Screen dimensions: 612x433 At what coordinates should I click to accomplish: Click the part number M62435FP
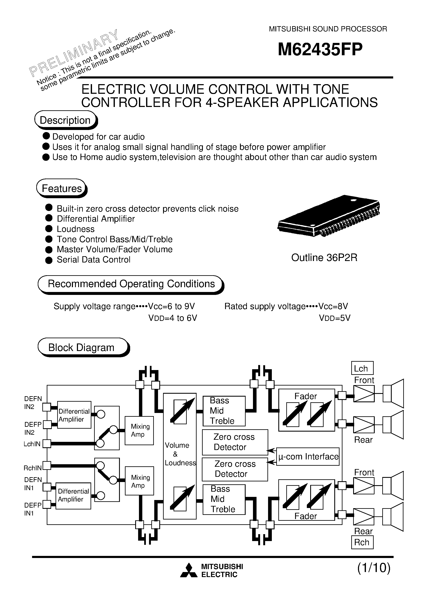tap(320, 50)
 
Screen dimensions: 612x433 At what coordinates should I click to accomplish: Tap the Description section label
tap(65, 120)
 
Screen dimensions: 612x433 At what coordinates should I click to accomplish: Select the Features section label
tap(61, 188)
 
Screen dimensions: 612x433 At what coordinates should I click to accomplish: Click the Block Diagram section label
tap(81, 348)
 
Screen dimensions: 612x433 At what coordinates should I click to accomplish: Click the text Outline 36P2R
tap(324, 258)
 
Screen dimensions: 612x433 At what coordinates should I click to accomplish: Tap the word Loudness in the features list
tap(75, 229)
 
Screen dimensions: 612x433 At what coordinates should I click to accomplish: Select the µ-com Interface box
tap(308, 457)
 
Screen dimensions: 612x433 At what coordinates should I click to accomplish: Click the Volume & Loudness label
tap(180, 454)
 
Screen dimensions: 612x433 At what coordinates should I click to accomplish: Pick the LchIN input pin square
tap(47, 444)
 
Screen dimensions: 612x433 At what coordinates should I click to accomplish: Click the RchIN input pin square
tap(47, 465)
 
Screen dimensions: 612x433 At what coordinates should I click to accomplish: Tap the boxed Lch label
tap(362, 368)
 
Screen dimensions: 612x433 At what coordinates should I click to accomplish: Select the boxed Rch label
tap(362, 543)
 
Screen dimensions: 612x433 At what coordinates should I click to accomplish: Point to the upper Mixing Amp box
tap(139, 431)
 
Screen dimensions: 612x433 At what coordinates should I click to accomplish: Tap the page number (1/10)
tap(374, 568)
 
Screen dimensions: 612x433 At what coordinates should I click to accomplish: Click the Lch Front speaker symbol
tap(393, 393)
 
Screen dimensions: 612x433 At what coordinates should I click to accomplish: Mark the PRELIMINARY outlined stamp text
tap(73, 52)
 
